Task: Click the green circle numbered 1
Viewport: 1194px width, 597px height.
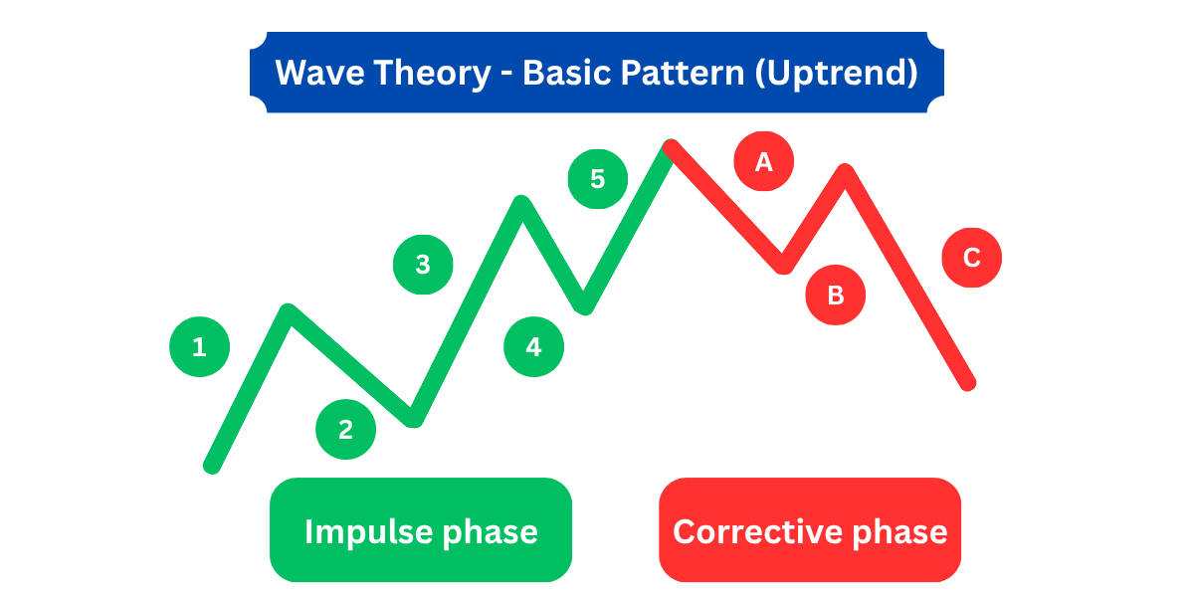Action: [199, 347]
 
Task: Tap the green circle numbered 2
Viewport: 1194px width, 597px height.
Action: [345, 430]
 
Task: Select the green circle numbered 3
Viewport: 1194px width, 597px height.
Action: [423, 265]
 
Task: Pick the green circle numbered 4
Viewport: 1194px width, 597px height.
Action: [533, 347]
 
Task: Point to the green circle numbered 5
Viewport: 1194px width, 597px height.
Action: [598, 179]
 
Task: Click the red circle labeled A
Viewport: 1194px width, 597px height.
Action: [764, 161]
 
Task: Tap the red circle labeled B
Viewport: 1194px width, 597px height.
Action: [835, 295]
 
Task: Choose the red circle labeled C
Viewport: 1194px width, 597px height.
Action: [972, 258]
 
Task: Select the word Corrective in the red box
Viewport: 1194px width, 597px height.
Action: [758, 532]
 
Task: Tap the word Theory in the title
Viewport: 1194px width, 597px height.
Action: [432, 74]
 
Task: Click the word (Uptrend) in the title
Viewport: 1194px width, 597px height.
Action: [836, 74]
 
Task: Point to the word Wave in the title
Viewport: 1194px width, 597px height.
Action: [319, 73]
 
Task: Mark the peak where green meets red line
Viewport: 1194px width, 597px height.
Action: [670, 147]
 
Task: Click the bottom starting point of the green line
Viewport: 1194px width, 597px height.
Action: [212, 466]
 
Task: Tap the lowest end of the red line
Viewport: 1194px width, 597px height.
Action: [968, 383]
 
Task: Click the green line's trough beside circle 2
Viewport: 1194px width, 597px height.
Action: [414, 419]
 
